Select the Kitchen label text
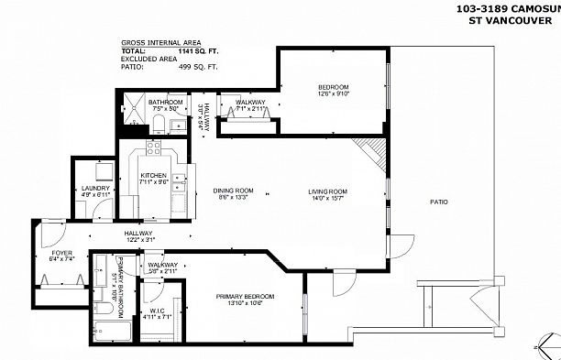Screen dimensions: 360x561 (x=152, y=175)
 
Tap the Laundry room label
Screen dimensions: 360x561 (x=95, y=189)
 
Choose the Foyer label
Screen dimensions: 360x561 (x=61, y=252)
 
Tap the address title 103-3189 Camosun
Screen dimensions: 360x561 (x=507, y=8)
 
